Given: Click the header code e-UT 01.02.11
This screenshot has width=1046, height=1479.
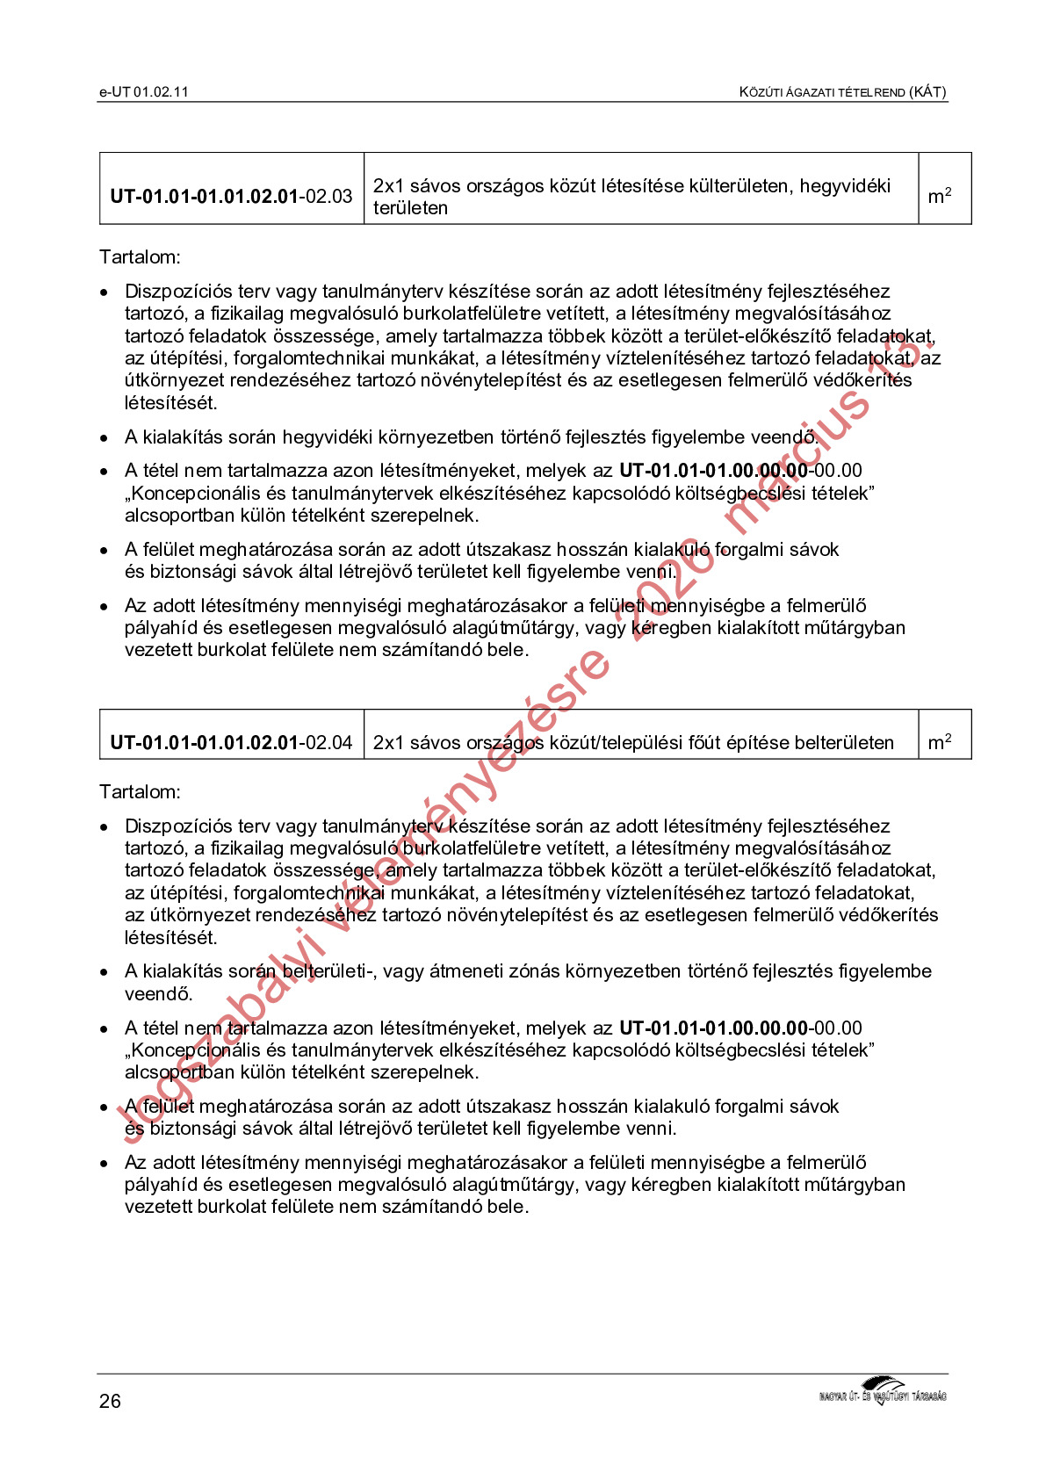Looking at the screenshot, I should coord(144,92).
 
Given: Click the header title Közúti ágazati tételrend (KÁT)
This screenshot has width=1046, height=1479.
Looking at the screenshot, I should coord(842,92).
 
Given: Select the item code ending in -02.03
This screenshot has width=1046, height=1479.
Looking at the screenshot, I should coord(231,196).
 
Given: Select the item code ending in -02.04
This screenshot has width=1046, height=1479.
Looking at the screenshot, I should coord(231,743).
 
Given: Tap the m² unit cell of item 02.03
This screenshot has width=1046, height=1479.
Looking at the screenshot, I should coord(940,196).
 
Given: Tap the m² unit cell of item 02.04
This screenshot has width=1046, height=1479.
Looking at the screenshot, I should coord(940,743).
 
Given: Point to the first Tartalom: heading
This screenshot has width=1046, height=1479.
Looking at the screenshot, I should coord(140,257).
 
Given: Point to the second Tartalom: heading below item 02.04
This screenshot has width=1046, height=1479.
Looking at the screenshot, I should coord(140,792).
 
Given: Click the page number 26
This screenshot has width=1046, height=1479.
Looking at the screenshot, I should coord(110,1402).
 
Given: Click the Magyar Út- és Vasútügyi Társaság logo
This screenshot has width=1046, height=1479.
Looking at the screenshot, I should coord(883,1393).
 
